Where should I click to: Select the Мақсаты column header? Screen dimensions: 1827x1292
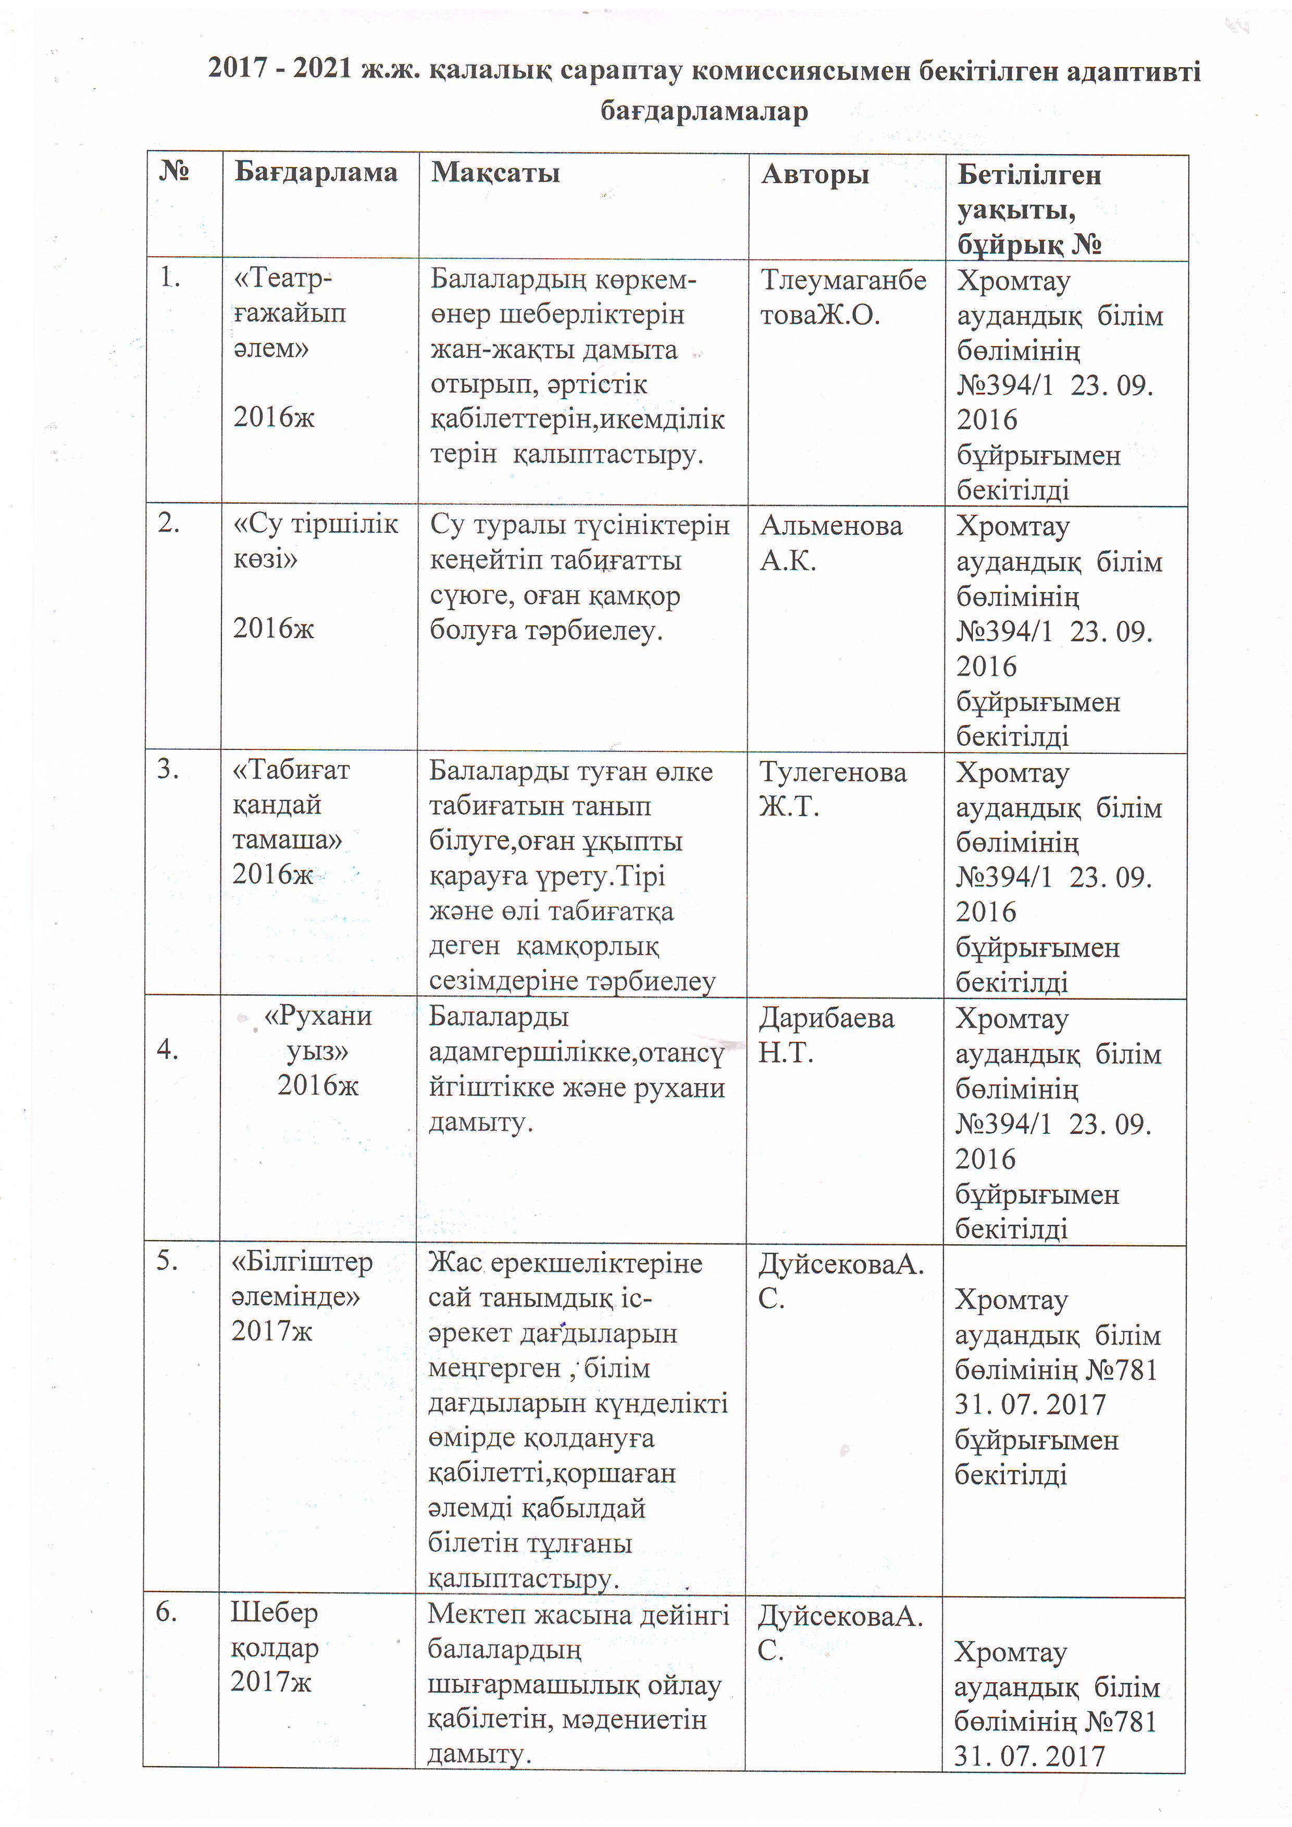coord(495,173)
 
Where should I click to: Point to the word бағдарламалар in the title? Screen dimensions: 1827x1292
coord(704,110)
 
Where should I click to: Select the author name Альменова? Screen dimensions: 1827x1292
coord(831,526)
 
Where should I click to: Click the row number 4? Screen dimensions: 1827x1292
coord(167,1049)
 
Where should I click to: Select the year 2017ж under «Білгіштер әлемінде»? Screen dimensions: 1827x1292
coord(272,1331)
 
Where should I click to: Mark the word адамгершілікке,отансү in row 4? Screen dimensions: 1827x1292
coord(576,1053)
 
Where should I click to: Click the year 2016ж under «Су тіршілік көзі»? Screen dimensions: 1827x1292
coord(273,629)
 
